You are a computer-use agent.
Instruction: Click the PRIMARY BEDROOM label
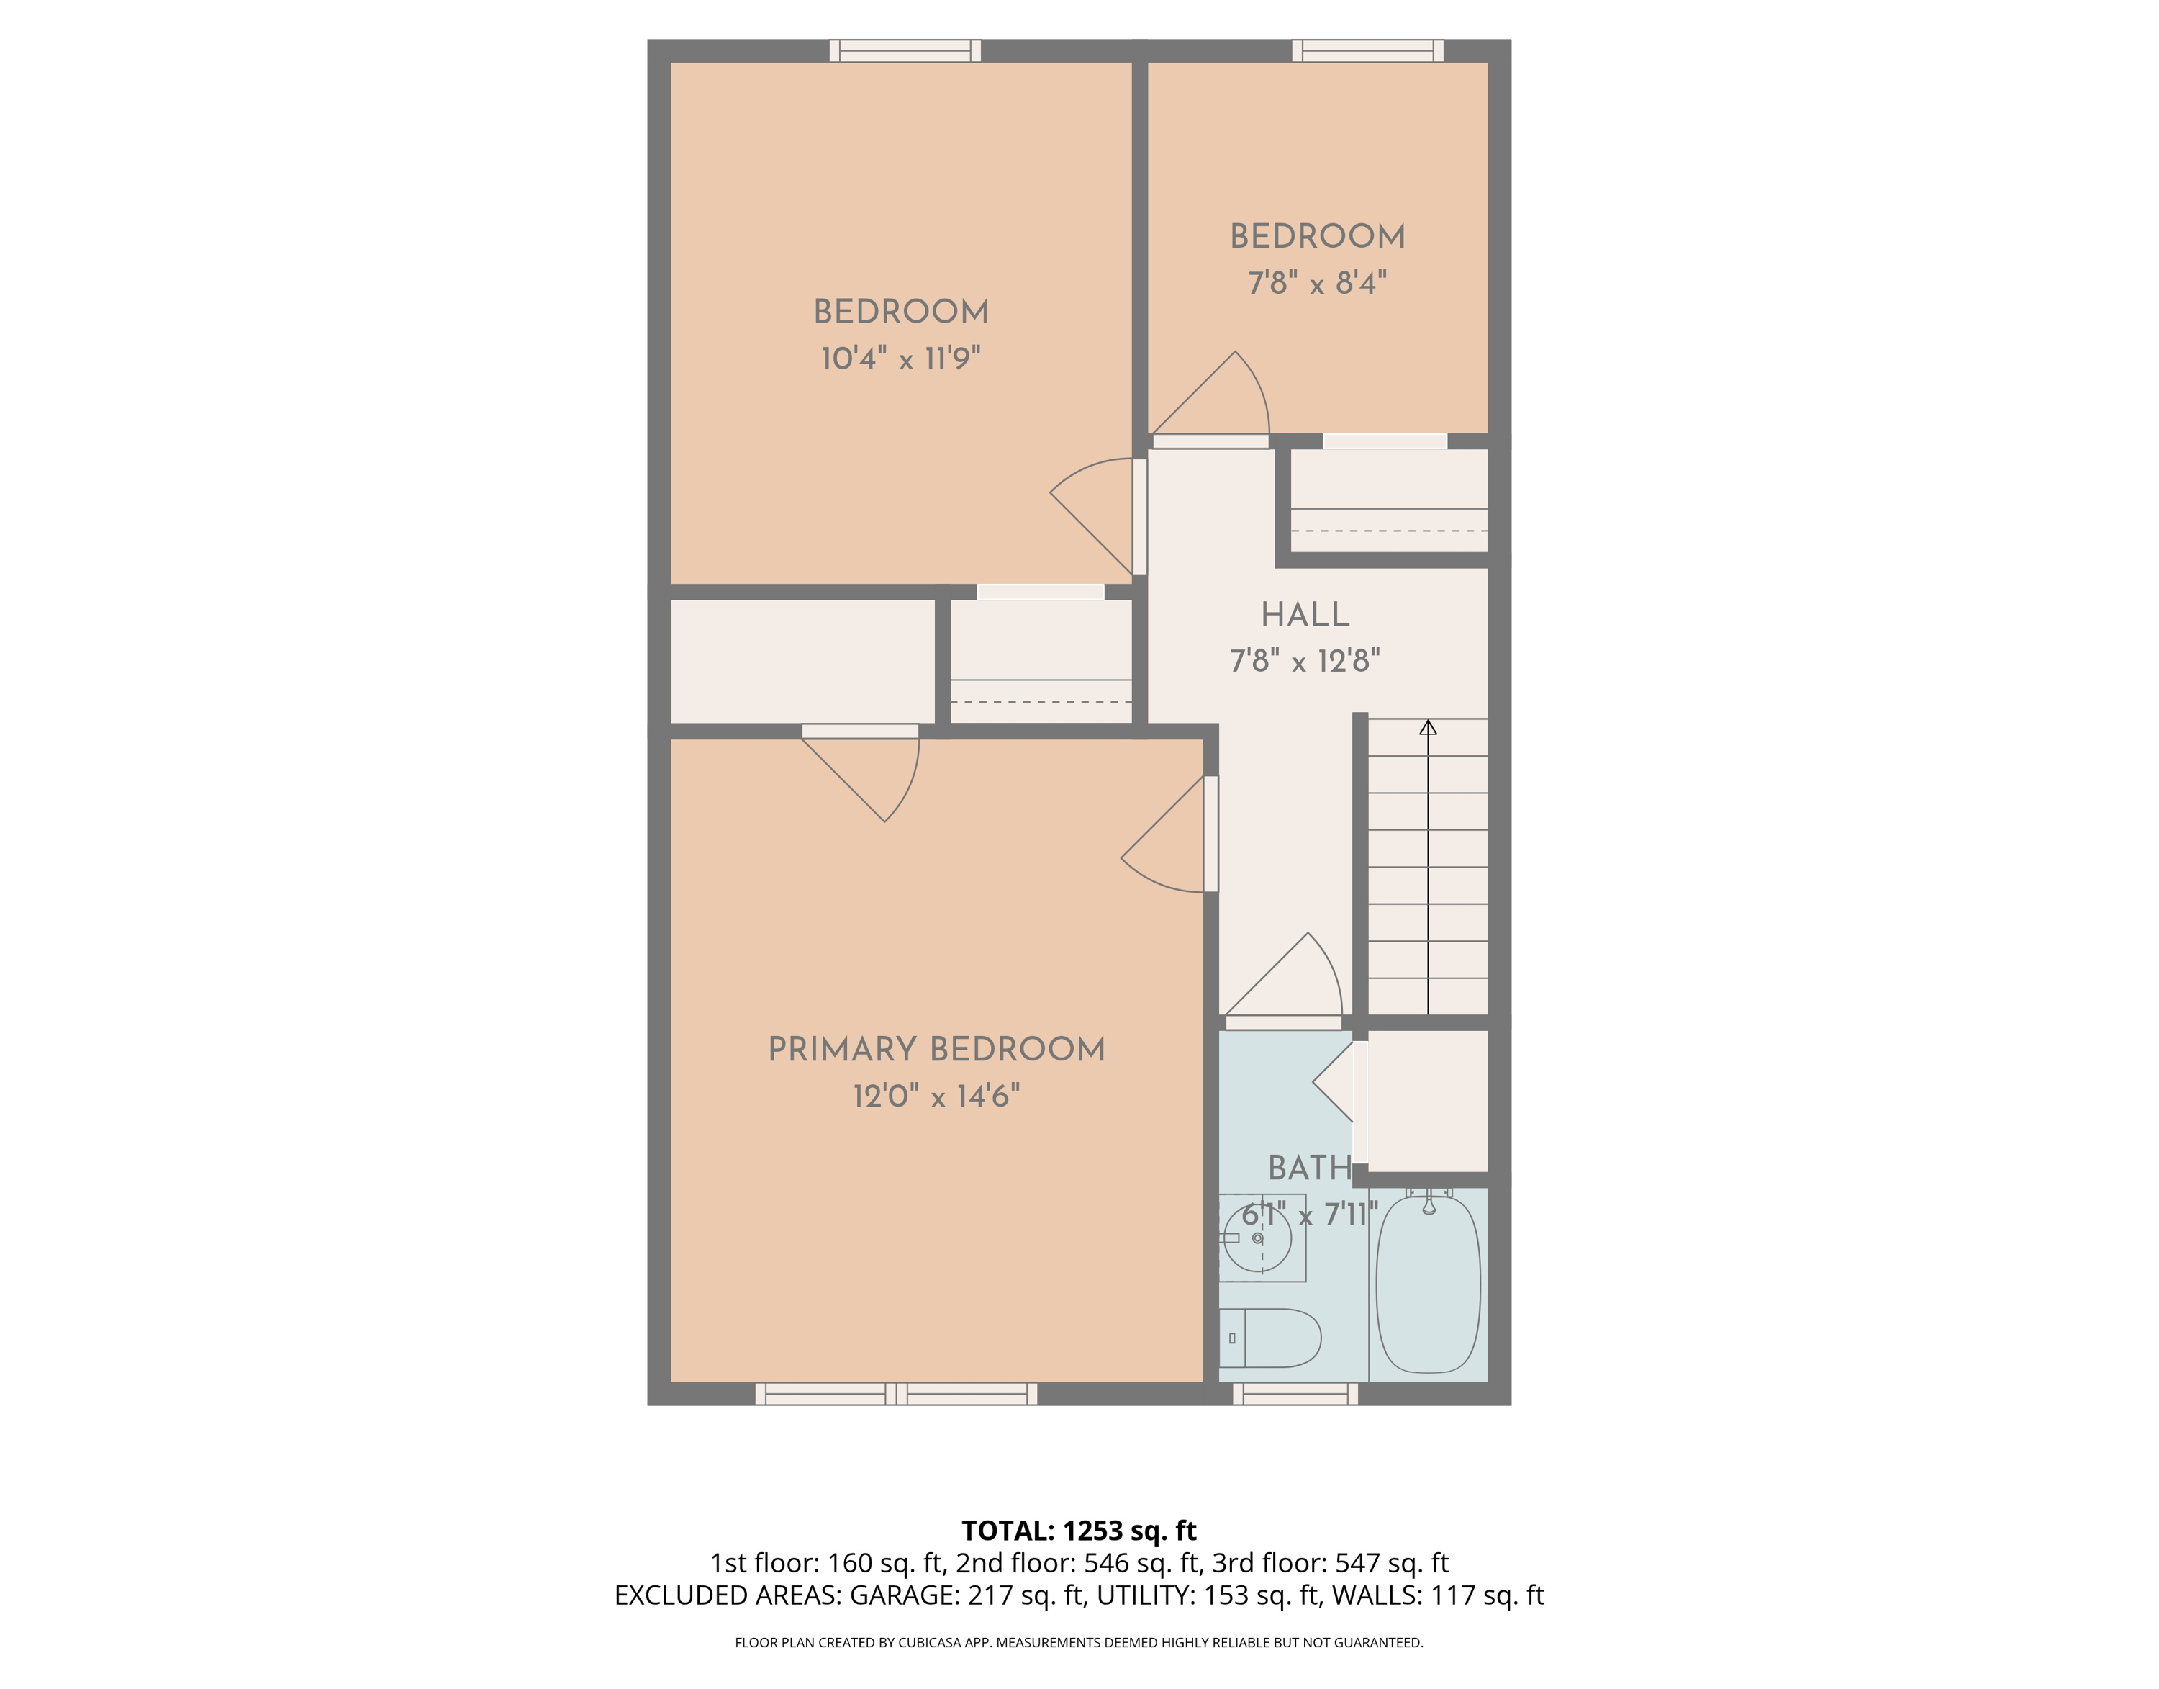pyautogui.click(x=936, y=1049)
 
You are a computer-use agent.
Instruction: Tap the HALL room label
pyautogui.click(x=1305, y=615)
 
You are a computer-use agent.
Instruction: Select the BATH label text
pyautogui.click(x=1310, y=1168)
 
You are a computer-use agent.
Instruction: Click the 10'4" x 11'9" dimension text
pyautogui.click(x=900, y=358)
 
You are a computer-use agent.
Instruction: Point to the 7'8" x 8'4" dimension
pyautogui.click(x=1317, y=283)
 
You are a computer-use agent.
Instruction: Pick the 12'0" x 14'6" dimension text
pyautogui.click(x=936, y=1096)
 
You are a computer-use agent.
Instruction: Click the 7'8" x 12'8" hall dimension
pyautogui.click(x=1305, y=661)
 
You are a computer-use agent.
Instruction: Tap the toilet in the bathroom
pyautogui.click(x=1270, y=1338)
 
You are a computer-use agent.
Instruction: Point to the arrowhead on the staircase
pyautogui.click(x=1428, y=728)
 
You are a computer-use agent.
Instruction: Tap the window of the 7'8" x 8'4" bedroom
pyautogui.click(x=1367, y=50)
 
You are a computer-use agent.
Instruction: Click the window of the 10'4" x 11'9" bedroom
pyautogui.click(x=905, y=50)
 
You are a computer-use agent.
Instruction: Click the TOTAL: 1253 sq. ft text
pyautogui.click(x=1079, y=1531)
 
